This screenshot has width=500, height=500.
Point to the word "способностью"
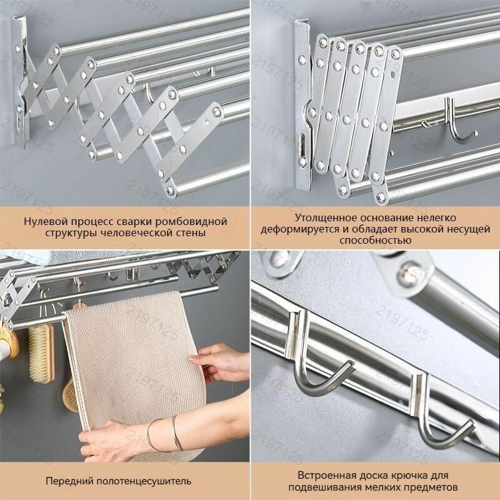point(376,240)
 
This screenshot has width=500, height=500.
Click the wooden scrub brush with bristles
point(41,353)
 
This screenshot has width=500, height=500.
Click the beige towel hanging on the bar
point(134,367)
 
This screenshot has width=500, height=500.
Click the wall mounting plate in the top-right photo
point(302,105)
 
